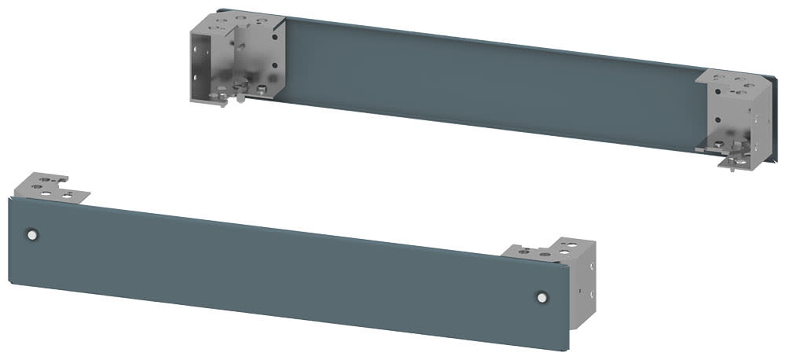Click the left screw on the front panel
pos(31,234)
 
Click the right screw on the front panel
pos(541,296)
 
